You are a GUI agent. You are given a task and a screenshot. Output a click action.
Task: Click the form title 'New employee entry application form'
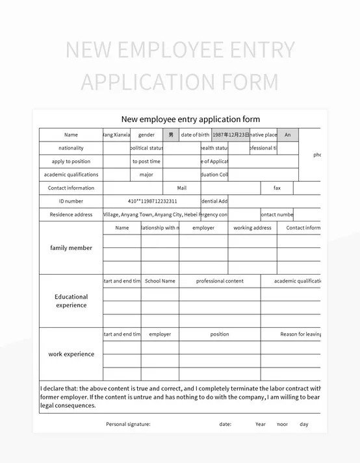coord(190,119)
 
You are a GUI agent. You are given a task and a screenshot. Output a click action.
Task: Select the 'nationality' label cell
coord(71,148)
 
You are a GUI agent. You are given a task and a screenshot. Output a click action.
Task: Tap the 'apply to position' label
coord(71,161)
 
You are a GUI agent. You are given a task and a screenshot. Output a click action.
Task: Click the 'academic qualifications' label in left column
coord(71,175)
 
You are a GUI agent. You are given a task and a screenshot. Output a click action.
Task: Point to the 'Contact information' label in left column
coord(71,188)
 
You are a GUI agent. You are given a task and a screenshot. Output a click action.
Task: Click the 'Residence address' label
coord(71,214)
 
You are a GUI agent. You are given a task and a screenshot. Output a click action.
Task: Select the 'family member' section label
coord(71,247)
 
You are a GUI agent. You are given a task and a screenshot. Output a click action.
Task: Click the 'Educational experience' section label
coord(71,301)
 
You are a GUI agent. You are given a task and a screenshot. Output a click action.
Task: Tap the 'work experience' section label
coord(71,354)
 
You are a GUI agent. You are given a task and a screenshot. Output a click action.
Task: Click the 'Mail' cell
coord(181,188)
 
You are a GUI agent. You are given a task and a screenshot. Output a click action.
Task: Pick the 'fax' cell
coord(277,188)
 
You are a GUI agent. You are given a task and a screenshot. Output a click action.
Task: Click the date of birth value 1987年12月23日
coord(231,134)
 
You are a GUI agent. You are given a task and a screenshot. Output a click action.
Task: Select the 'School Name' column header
coord(160,281)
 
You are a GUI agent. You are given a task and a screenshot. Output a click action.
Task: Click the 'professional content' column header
coord(220,281)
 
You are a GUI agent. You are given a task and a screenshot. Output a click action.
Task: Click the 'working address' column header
coord(252,228)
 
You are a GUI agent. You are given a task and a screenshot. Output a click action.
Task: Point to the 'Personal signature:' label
coord(128,424)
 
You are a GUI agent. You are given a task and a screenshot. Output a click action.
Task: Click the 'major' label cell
coord(146,175)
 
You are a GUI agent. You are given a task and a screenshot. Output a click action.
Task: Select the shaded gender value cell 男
coord(171,134)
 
